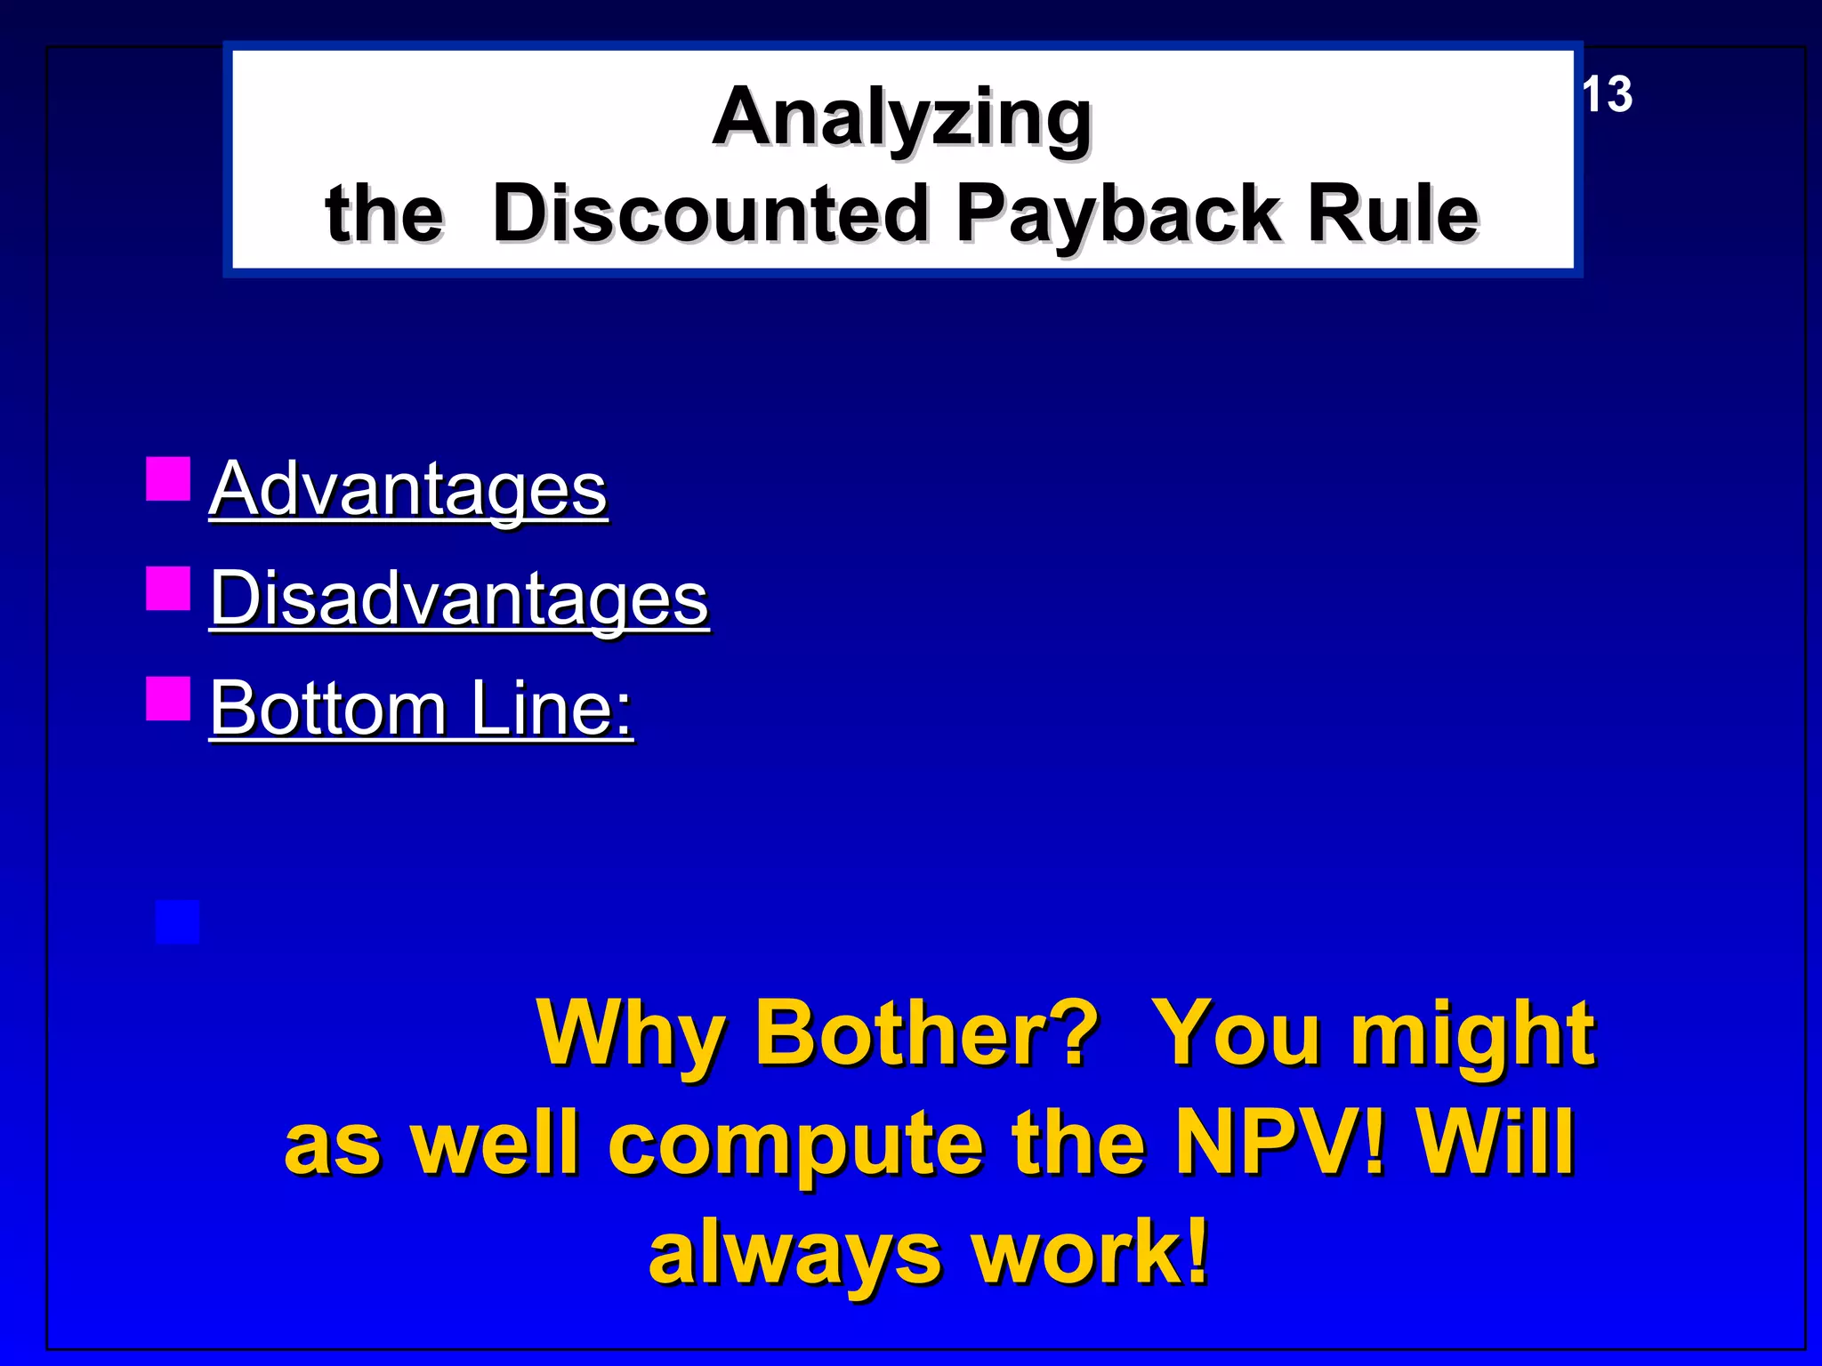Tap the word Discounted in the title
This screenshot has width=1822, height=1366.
tap(710, 213)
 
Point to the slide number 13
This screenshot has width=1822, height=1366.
tap(1607, 95)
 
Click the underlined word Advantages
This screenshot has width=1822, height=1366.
tap(408, 488)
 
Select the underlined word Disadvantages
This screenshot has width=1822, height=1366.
tap(459, 599)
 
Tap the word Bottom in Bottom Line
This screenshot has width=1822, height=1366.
tap(328, 709)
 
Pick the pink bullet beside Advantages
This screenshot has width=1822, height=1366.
tap(168, 479)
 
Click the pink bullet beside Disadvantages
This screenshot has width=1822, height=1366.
tap(168, 589)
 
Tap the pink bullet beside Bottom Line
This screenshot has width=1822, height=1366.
tap(168, 698)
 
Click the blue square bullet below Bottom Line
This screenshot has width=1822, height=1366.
tap(177, 922)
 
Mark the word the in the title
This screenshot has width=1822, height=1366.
tap(384, 213)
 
